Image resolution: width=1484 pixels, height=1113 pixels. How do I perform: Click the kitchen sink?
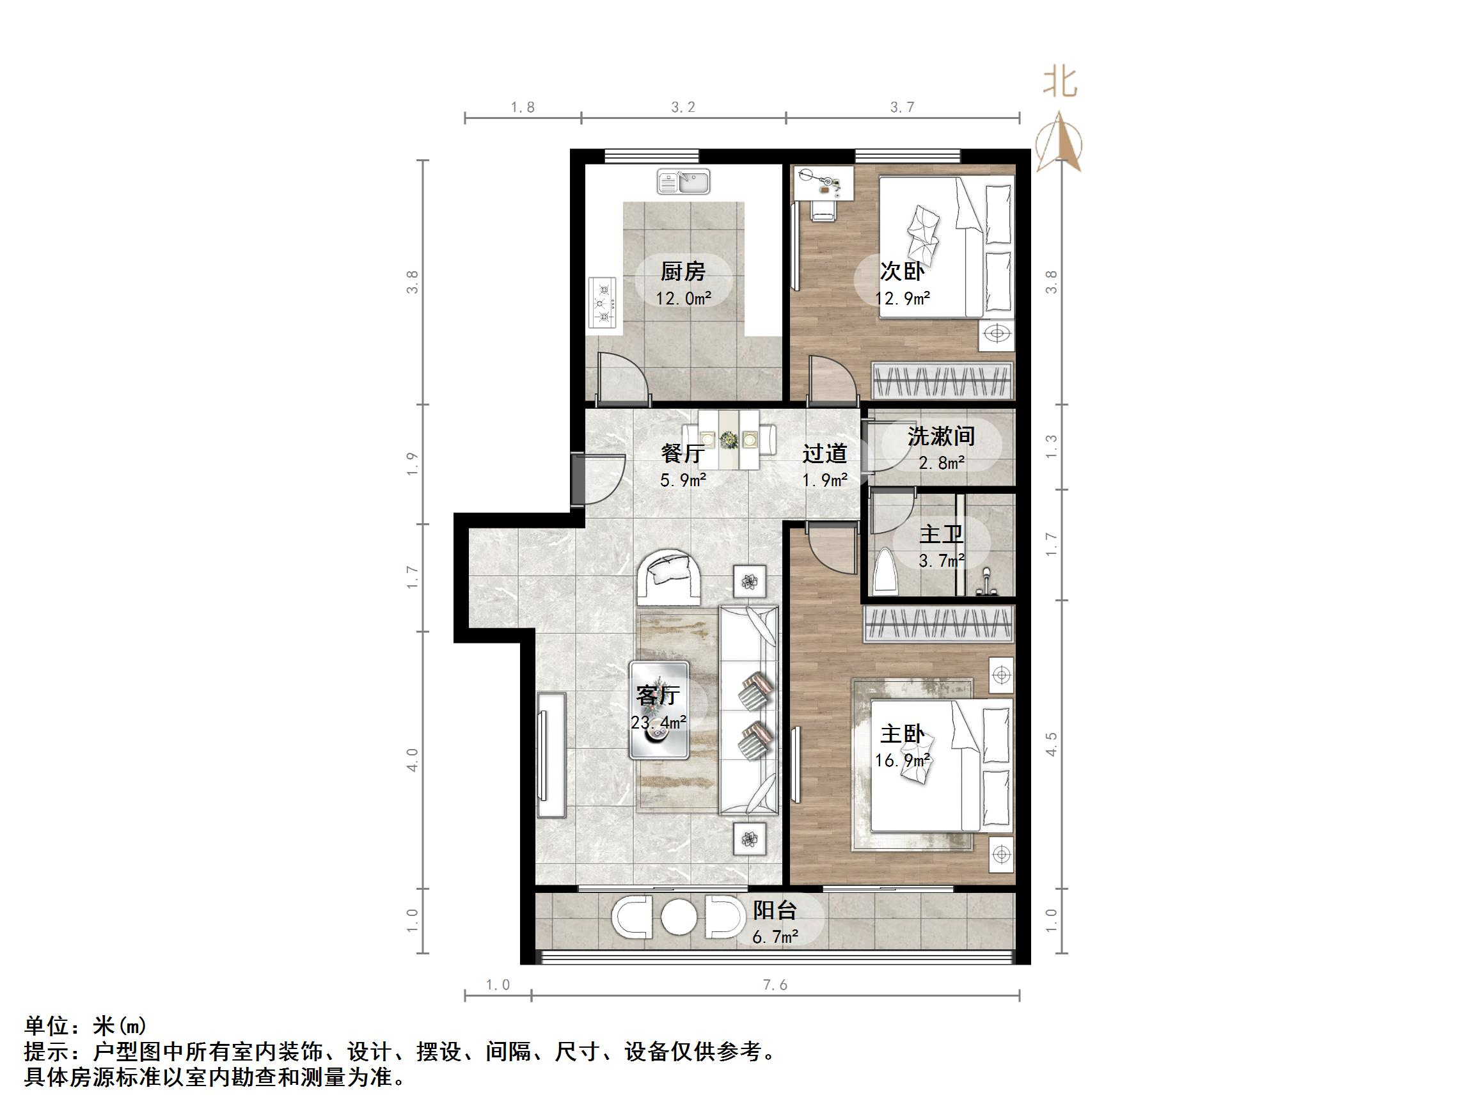(x=684, y=182)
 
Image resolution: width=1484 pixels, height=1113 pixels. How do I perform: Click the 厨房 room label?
(x=683, y=272)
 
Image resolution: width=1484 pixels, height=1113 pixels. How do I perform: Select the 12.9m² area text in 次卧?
(x=903, y=299)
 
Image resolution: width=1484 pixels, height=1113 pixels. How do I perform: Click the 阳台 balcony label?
(x=774, y=910)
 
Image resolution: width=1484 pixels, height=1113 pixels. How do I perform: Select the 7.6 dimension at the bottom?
(x=775, y=985)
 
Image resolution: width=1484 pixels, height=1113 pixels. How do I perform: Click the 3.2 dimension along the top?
(x=683, y=107)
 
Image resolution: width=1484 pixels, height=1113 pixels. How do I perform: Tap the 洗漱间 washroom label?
(x=940, y=437)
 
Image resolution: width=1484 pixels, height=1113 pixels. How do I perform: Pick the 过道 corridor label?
(x=825, y=454)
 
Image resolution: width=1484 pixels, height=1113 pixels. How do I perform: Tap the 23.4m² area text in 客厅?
(x=658, y=723)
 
